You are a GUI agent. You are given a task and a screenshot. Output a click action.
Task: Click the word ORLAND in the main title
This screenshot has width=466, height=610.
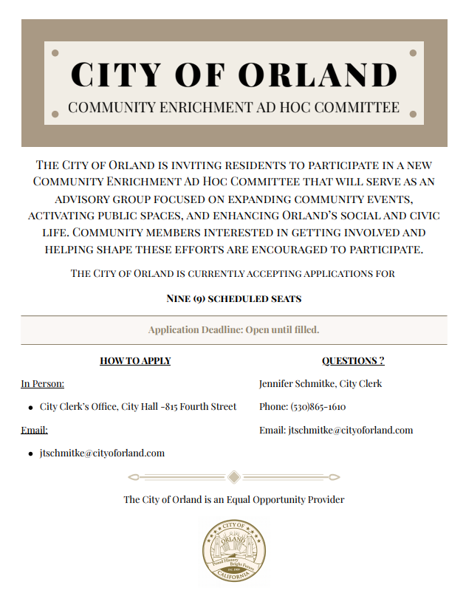click(x=320, y=75)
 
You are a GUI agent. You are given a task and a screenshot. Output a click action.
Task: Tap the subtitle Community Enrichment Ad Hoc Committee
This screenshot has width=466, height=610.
click(x=233, y=107)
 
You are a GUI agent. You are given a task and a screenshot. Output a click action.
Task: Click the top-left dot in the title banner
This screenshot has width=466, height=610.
click(x=55, y=53)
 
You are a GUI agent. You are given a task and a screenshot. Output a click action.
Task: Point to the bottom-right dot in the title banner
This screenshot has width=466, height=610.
click(x=413, y=114)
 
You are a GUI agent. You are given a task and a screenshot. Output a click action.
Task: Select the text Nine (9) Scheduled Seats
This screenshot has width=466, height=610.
click(x=233, y=299)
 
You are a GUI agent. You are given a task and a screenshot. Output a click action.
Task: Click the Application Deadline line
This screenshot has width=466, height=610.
click(x=233, y=329)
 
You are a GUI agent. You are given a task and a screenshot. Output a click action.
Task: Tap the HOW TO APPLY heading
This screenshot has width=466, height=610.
click(x=135, y=361)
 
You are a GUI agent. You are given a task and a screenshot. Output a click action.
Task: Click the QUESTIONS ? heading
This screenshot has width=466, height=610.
click(x=353, y=361)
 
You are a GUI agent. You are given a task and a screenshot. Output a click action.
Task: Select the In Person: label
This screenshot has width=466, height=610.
click(x=42, y=384)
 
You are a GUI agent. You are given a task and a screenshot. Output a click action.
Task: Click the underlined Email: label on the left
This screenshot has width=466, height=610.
click(x=34, y=430)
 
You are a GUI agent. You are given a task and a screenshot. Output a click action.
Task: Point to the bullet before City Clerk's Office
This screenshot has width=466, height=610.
click(x=30, y=408)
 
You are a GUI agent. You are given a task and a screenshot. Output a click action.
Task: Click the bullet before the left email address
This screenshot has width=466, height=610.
click(x=30, y=453)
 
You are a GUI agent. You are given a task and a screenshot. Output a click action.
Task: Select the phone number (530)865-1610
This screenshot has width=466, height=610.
click(x=318, y=407)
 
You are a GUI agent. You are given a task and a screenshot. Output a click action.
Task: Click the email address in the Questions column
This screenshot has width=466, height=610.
click(x=350, y=430)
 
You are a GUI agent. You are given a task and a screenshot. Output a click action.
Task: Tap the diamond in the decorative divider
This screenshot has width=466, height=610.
click(x=233, y=476)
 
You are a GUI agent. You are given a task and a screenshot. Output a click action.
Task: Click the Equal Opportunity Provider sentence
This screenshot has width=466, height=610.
click(x=233, y=500)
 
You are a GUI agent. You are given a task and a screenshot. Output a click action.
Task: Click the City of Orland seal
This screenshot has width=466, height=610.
click(x=234, y=551)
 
